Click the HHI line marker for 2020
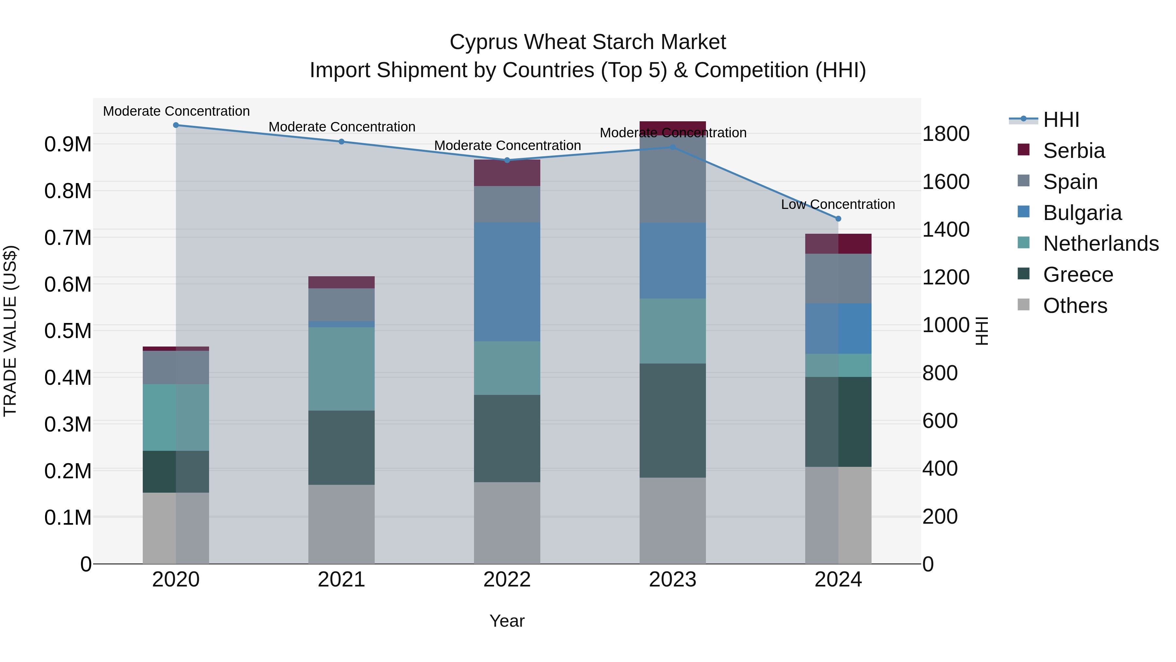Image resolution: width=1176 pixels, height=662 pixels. point(176,125)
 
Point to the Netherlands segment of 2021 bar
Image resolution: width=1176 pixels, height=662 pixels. point(341,369)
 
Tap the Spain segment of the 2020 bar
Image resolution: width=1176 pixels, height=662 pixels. point(176,367)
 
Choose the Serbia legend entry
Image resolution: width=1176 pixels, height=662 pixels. point(1073,151)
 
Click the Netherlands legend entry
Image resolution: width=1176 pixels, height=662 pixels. point(1100,244)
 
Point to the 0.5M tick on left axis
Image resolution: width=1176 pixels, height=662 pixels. point(68,331)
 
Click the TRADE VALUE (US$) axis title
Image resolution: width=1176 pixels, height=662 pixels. point(10,331)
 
